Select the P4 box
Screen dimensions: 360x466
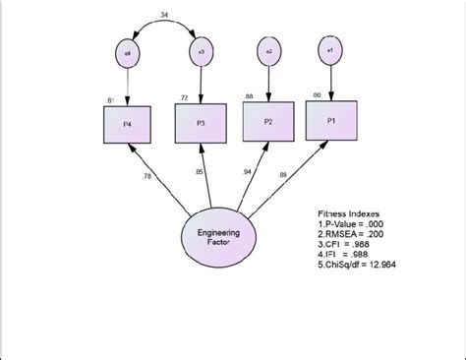click(x=127, y=125)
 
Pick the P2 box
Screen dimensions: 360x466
click(x=266, y=122)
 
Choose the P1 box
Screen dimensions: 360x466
click(x=330, y=120)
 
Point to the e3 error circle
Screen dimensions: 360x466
click(x=201, y=51)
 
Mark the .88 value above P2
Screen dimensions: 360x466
click(x=250, y=95)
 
